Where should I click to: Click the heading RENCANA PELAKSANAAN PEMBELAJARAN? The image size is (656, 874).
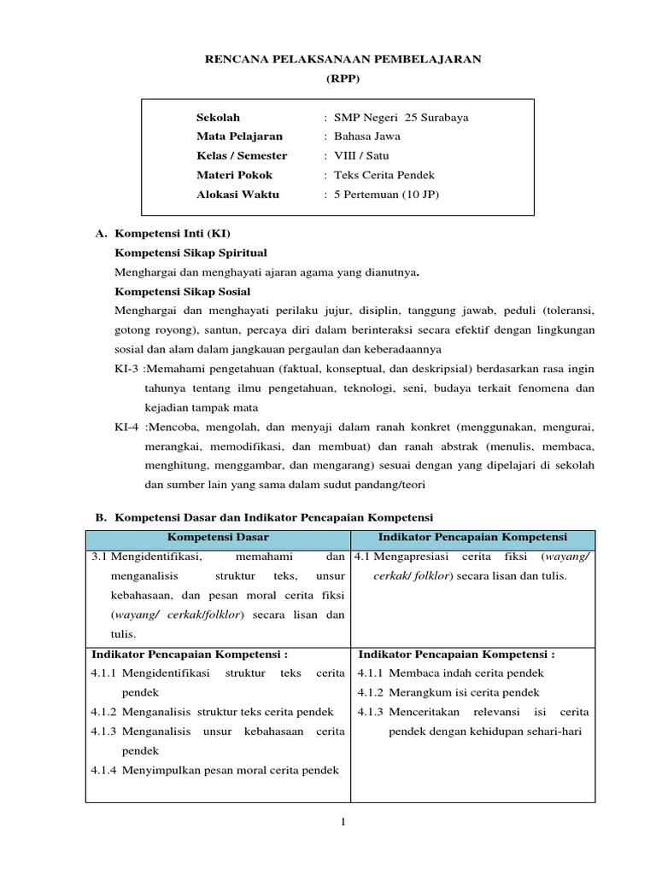(x=342, y=59)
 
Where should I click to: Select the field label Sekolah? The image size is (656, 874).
(x=219, y=118)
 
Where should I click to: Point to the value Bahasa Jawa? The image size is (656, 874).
(x=367, y=137)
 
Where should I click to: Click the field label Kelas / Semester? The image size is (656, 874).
(x=242, y=156)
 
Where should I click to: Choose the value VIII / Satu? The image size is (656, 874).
(x=362, y=156)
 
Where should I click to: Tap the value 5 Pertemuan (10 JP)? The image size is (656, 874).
(x=387, y=195)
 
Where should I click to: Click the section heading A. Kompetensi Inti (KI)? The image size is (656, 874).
(x=161, y=233)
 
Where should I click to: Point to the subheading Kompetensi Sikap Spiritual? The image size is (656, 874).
(x=190, y=253)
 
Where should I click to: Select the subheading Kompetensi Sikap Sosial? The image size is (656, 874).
(x=184, y=291)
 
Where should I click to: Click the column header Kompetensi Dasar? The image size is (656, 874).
(x=218, y=538)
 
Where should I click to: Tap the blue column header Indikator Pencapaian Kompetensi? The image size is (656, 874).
(x=472, y=538)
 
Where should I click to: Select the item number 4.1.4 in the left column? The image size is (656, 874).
(x=104, y=770)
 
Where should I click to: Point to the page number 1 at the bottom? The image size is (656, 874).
(x=342, y=822)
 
